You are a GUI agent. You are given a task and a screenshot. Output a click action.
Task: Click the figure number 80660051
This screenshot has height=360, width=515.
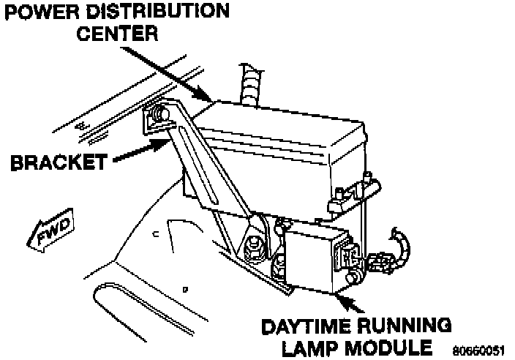pos(478,350)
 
